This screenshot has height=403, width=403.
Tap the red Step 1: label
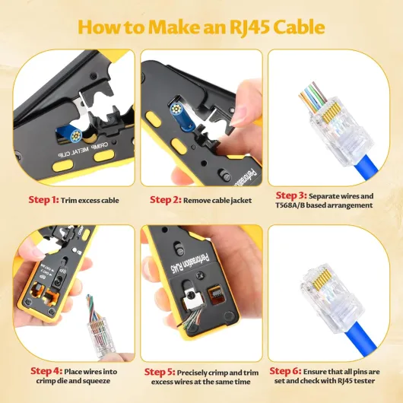tap(43, 200)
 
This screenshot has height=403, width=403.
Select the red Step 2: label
tap(166, 200)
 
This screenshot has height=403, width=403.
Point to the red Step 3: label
tap(291, 195)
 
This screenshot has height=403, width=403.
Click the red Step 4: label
tap(46, 371)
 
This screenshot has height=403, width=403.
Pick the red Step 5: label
tap(160, 372)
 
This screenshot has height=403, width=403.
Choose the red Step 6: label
tap(285, 371)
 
